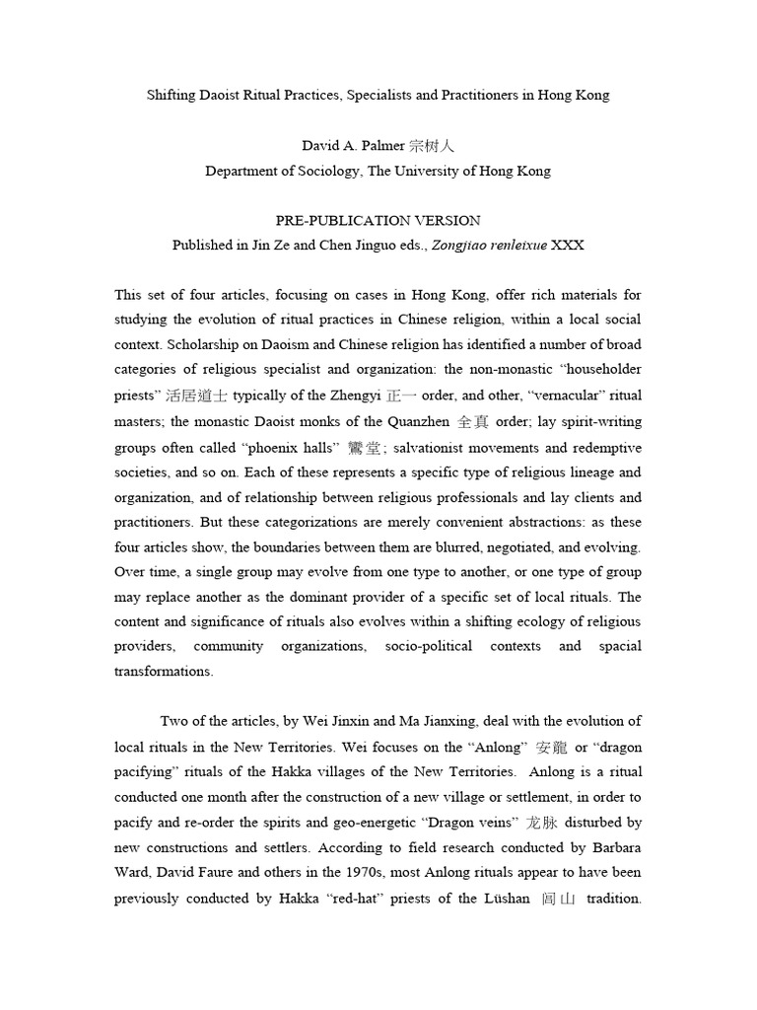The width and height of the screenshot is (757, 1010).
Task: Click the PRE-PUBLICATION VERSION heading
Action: [378, 221]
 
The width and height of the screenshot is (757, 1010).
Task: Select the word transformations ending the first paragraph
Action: [163, 672]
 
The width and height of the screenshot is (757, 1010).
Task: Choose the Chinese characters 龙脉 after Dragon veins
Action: [541, 822]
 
